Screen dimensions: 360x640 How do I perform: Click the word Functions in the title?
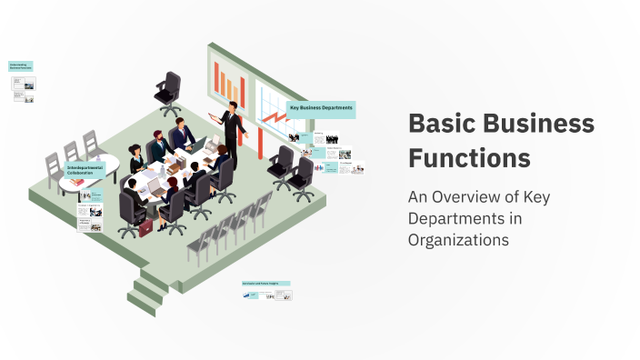pos(469,157)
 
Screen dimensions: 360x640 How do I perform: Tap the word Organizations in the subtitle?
pos(458,240)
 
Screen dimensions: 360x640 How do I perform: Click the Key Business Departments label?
pos(321,109)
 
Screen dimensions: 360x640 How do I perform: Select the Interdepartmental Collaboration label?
pos(85,171)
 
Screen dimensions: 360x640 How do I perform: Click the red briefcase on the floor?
pos(145,227)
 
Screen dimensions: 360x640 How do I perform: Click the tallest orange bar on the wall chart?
pos(218,78)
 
